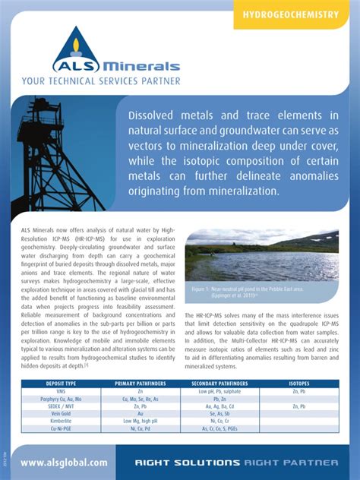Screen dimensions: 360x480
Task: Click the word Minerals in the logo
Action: [141, 67]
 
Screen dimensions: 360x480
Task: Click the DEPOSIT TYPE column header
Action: [61, 384]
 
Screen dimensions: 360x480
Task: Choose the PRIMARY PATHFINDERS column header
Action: [141, 384]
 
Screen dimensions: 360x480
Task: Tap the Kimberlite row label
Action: [61, 420]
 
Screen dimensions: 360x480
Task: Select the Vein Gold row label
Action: [61, 413]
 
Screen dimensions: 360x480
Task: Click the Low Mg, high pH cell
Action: [141, 420]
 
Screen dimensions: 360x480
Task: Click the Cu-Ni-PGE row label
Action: [61, 428]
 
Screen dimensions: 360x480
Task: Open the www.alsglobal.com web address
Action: [64, 462]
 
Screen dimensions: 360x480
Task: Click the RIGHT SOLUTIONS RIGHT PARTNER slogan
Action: [236, 462]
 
